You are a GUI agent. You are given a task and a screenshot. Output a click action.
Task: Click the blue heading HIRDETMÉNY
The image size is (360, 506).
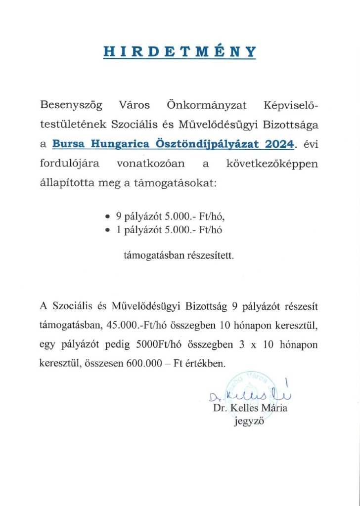click(180, 52)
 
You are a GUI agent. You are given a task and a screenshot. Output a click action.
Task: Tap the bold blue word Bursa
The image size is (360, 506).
click(70, 144)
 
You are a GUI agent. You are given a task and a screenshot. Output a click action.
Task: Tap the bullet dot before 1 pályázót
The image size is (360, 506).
click(108, 229)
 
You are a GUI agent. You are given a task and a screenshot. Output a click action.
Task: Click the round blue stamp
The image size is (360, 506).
click(250, 388)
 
